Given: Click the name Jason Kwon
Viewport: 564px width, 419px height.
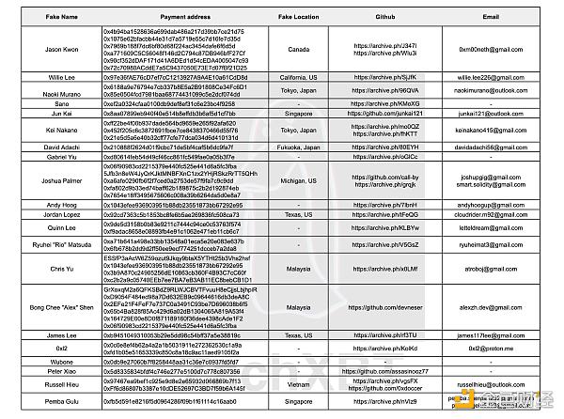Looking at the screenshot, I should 35,47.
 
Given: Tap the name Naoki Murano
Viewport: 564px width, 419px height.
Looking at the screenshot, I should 35,91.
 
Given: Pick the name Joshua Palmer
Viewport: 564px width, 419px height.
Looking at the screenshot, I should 35,178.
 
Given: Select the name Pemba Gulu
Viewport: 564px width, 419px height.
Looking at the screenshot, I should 35,402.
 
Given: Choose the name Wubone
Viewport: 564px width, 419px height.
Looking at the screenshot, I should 35,361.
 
